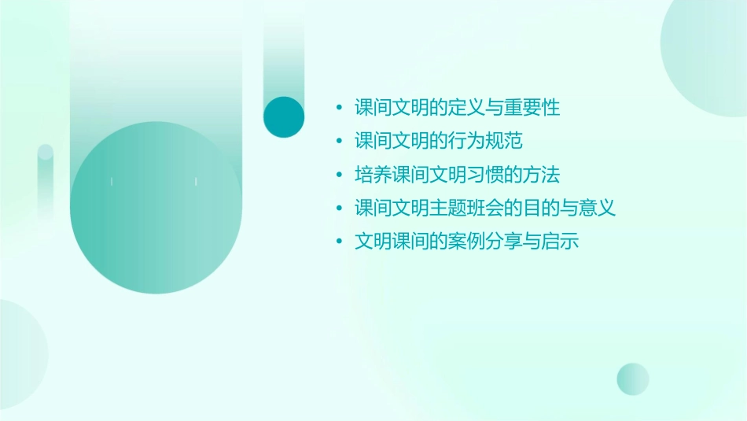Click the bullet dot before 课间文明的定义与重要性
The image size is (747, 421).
pyautogui.click(x=339, y=108)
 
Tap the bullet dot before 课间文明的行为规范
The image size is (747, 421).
pyautogui.click(x=339, y=142)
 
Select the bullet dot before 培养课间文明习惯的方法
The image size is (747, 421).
pyautogui.click(x=339, y=175)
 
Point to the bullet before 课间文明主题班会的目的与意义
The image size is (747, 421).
pyautogui.click(x=339, y=209)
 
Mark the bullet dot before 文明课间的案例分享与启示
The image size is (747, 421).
pyautogui.click(x=339, y=242)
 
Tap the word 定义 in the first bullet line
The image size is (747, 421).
pyautogui.click(x=467, y=108)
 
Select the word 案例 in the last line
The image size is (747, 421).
pyautogui.click(x=467, y=242)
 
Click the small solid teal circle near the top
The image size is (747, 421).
pyautogui.click(x=284, y=117)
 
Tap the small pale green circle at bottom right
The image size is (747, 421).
pyautogui.click(x=633, y=379)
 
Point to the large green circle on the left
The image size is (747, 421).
pyautogui.click(x=156, y=209)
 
